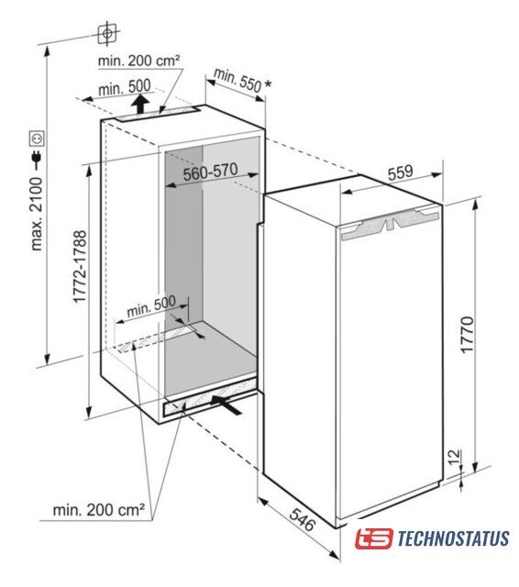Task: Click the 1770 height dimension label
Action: (467, 335)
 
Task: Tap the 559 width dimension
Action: (400, 172)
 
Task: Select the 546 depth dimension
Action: (302, 519)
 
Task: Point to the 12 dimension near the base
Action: (454, 457)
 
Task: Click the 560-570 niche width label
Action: (210, 172)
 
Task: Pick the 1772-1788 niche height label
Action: (80, 267)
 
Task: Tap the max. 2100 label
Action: (37, 214)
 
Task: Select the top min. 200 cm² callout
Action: (138, 61)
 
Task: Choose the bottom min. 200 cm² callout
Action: (99, 510)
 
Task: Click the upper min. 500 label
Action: (124, 88)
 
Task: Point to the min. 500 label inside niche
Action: (150, 307)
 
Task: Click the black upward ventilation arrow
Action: (139, 104)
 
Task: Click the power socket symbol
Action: (37, 138)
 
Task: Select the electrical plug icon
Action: (37, 159)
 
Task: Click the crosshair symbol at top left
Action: (108, 34)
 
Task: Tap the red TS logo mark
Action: (374, 538)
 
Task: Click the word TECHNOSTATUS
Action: (453, 538)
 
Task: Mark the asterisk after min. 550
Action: (268, 84)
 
